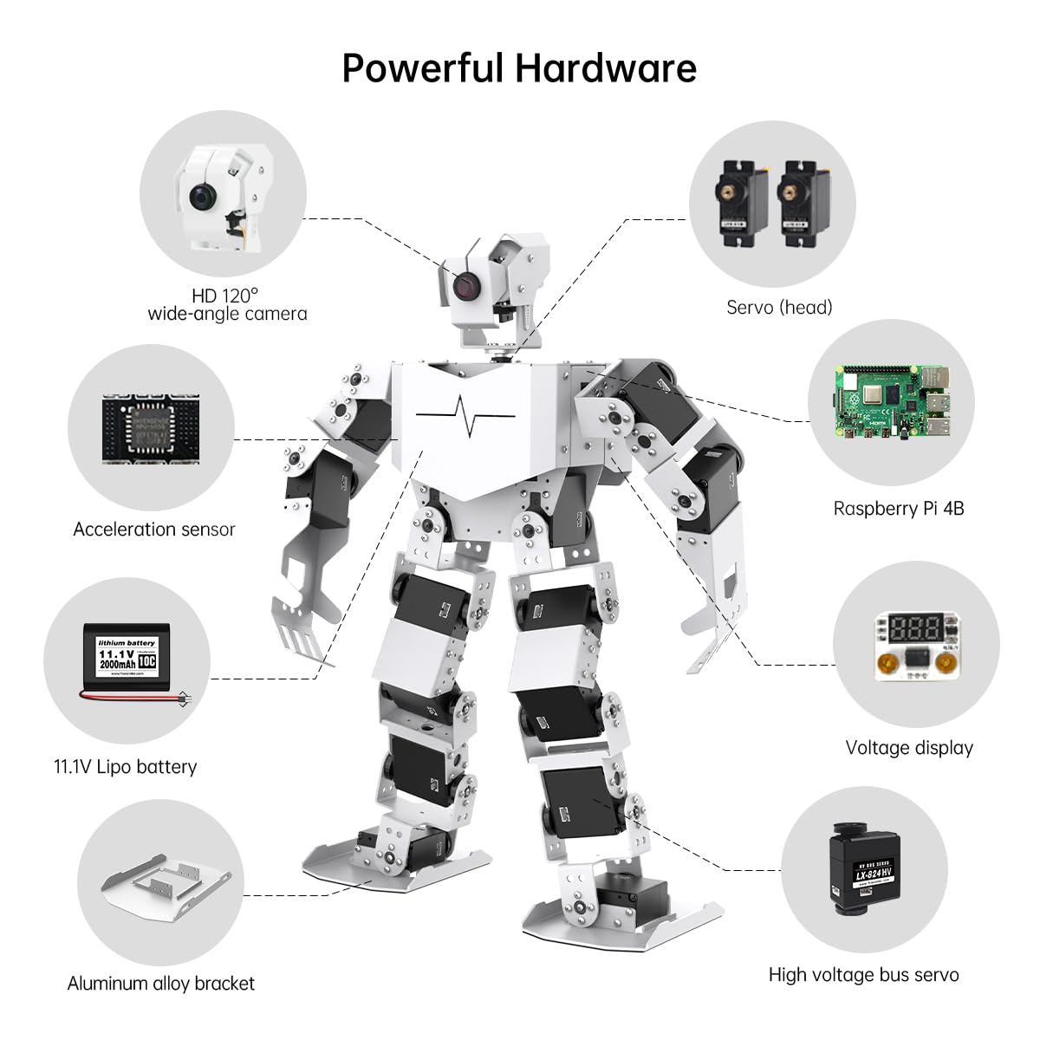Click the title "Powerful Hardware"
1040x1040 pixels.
click(519, 68)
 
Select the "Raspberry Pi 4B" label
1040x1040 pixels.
click(899, 509)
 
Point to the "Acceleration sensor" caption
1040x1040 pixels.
click(154, 530)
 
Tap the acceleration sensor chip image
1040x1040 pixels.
click(151, 429)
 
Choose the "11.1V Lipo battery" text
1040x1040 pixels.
click(126, 767)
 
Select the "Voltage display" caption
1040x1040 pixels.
click(909, 748)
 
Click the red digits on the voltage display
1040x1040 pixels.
click(908, 628)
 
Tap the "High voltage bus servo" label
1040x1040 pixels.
click(863, 975)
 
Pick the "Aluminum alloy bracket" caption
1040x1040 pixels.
click(161, 984)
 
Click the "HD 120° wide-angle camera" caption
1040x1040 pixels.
click(227, 305)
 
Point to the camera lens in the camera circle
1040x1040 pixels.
click(205, 198)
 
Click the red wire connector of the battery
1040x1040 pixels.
click(180, 698)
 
